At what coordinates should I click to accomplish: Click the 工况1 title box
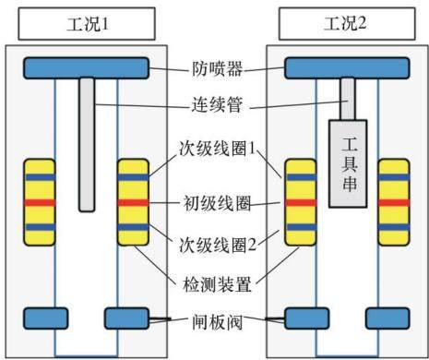87,24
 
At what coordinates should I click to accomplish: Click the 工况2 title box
347,24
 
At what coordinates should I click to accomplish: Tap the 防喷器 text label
218,69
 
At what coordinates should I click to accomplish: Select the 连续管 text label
218,104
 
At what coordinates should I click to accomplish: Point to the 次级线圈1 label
218,149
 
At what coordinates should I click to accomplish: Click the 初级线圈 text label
218,203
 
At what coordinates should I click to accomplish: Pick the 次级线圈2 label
218,245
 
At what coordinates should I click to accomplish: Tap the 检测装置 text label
218,284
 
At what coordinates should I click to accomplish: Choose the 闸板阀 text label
218,322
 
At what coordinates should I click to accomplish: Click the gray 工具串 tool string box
348,163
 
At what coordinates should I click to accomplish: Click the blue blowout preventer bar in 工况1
87,68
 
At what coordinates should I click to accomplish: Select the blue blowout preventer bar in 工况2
347,68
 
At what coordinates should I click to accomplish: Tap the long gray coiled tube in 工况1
87,144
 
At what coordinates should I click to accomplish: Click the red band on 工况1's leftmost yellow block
40,203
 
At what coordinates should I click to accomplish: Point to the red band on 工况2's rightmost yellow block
394,203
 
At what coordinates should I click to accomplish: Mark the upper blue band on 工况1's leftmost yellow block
40,177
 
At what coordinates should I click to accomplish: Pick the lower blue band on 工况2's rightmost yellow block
394,227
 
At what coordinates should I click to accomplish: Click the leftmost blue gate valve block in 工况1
46,318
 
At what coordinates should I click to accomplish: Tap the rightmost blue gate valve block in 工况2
387,318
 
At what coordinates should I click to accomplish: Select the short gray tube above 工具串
348,99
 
